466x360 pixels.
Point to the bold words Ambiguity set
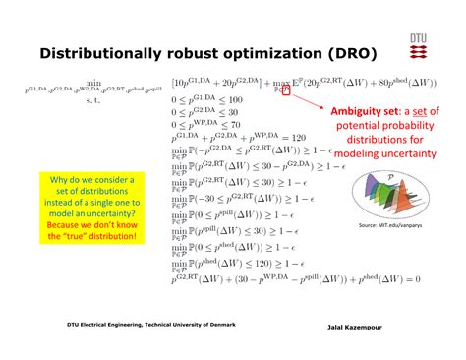click(x=365, y=111)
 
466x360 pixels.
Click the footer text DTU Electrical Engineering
click(x=108, y=323)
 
